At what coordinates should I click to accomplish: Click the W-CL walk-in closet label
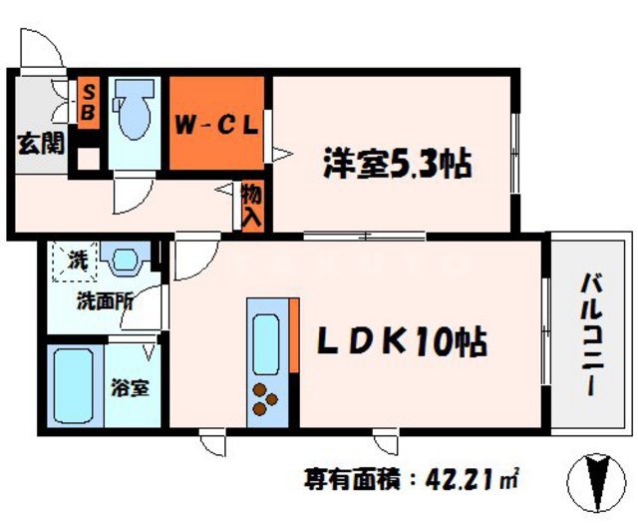click(x=218, y=126)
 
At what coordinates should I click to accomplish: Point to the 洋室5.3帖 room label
click(x=396, y=163)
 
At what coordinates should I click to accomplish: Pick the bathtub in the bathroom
click(x=74, y=386)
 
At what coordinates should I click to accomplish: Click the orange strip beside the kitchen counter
click(x=294, y=334)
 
